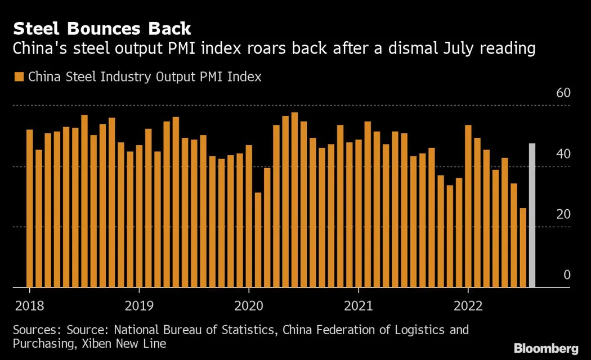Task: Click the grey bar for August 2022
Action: point(532,215)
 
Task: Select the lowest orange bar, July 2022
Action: point(523,247)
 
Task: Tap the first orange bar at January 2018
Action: point(30,209)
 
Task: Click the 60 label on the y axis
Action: point(563,93)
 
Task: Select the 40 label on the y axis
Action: point(563,154)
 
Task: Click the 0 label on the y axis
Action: point(567,275)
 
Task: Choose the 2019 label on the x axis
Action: point(138,305)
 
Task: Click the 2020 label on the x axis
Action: point(248,305)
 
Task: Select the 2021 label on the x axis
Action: point(358,305)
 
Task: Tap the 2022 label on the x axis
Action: point(468,305)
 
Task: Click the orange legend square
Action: point(19,77)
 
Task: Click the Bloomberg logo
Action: point(546,348)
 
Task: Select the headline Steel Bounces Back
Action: point(102,28)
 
